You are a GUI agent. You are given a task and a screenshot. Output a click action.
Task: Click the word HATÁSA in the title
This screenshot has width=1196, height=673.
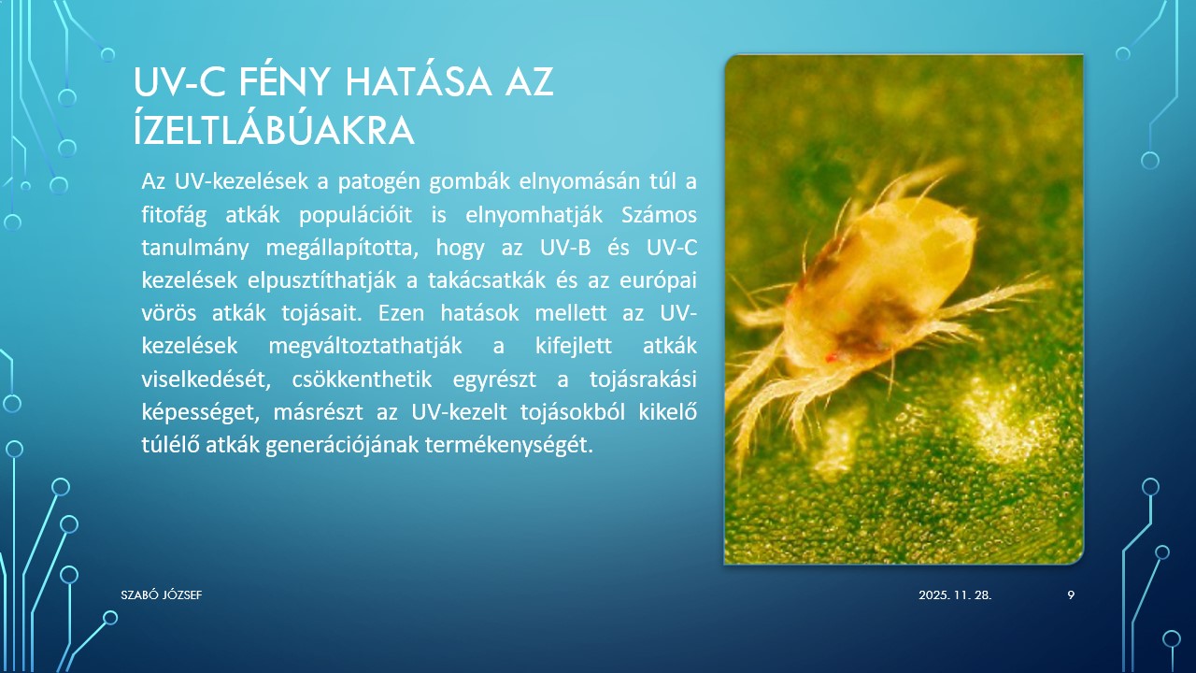[412, 83]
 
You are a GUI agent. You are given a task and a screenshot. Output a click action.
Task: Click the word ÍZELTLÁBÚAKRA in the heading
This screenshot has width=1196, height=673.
[274, 131]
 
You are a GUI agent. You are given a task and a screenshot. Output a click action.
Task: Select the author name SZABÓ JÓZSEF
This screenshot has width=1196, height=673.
[162, 594]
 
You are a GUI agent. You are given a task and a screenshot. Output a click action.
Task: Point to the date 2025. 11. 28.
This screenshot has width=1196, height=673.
[955, 594]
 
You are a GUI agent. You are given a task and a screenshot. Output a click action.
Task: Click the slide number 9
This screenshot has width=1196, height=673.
[1071, 594]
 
